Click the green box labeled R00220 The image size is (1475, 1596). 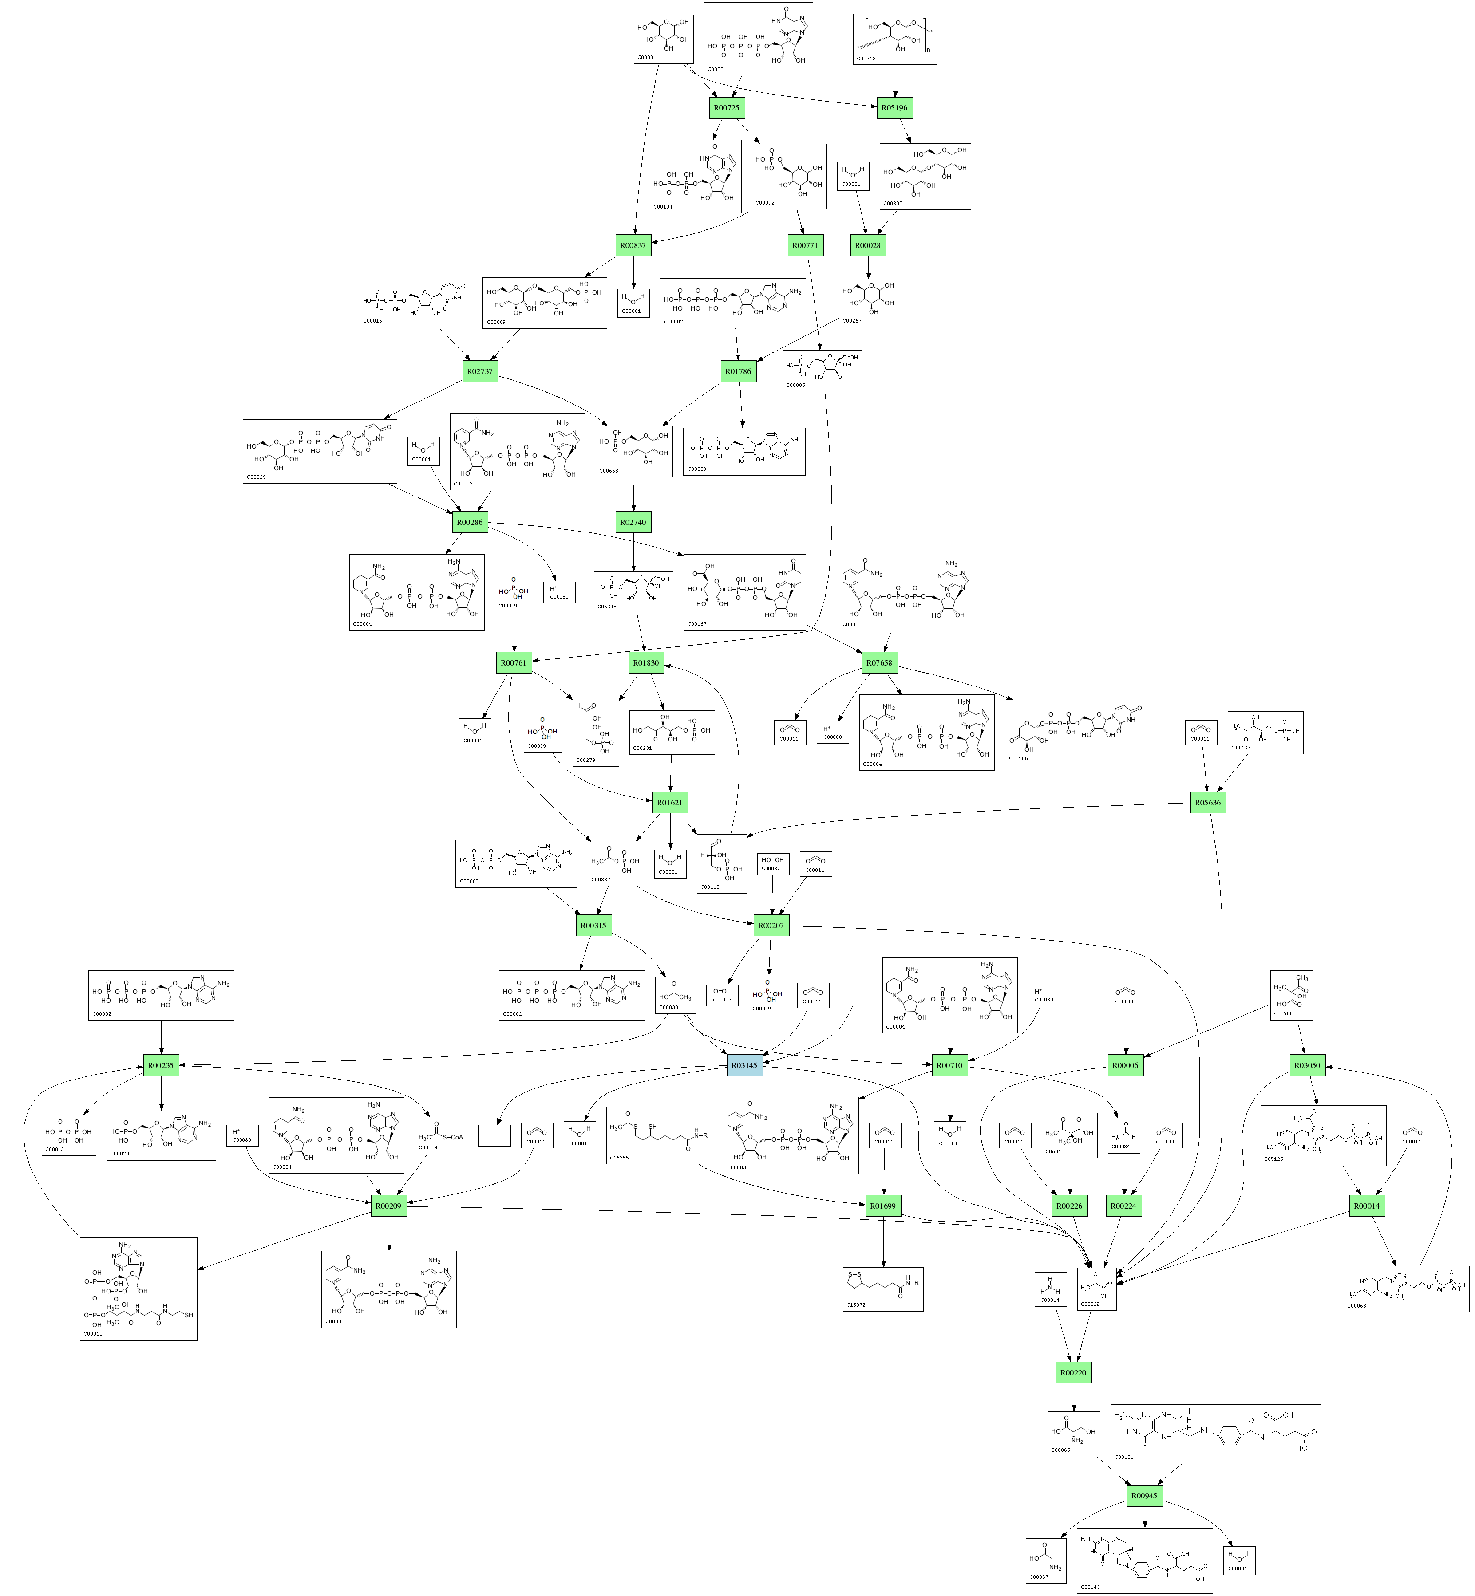coord(1073,1372)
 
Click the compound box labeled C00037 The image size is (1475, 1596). coord(1046,1559)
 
